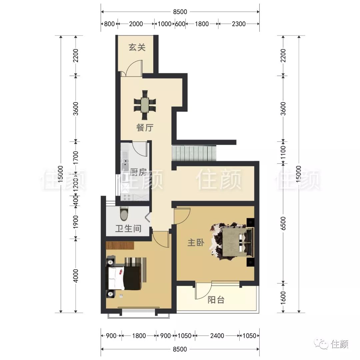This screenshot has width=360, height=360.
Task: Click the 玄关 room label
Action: click(x=137, y=47)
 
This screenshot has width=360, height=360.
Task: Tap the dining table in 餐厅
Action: click(x=145, y=105)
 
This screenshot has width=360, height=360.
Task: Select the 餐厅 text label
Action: click(x=145, y=127)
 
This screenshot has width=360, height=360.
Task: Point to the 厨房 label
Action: click(x=138, y=172)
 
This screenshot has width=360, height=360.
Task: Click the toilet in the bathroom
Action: click(x=124, y=213)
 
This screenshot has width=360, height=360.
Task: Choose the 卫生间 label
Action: click(x=128, y=228)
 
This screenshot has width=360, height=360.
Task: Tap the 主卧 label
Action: click(x=196, y=242)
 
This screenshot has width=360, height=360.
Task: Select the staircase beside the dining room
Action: click(x=194, y=154)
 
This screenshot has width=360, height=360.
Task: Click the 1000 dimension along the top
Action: click(x=164, y=24)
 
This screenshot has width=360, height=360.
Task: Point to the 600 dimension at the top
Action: click(x=180, y=24)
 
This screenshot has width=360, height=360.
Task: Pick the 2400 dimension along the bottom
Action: click(x=217, y=336)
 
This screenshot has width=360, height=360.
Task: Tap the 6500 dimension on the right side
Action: click(x=283, y=223)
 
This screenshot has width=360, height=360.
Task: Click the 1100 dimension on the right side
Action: click(x=283, y=152)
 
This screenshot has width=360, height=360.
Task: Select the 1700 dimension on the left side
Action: click(x=76, y=158)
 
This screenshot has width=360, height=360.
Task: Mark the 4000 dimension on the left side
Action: click(x=76, y=276)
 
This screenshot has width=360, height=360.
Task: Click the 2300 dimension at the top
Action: click(x=239, y=24)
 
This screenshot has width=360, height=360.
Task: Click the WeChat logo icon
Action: click(x=322, y=344)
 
